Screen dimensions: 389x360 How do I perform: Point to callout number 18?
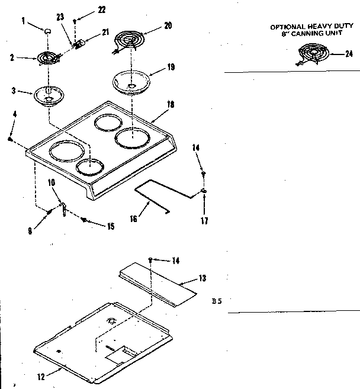click(x=171, y=104)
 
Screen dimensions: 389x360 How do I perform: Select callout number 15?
click(x=111, y=226)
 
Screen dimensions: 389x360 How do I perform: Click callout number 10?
click(x=52, y=183)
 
